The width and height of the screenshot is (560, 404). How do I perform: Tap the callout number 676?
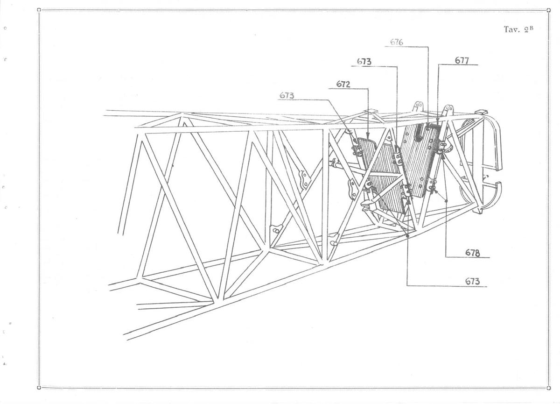click(x=397, y=43)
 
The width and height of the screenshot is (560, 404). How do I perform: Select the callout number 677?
click(x=462, y=61)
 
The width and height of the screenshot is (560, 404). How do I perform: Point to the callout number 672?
click(x=343, y=84)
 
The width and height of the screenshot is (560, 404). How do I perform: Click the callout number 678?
click(x=472, y=253)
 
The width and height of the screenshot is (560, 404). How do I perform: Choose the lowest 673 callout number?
click(x=472, y=282)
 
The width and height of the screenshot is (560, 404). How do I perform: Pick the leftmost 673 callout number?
click(x=287, y=95)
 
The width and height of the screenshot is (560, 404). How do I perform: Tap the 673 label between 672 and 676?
click(x=364, y=62)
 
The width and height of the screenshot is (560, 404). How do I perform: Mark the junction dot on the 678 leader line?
click(x=446, y=201)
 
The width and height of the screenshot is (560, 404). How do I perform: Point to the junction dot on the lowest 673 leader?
click(x=407, y=236)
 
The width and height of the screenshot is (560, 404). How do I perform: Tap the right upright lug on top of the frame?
click(x=448, y=111)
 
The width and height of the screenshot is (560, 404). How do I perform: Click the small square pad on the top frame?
click(x=371, y=112)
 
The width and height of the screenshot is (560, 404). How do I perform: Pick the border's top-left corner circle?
click(x=39, y=10)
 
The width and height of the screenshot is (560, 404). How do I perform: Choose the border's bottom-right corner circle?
click(x=548, y=388)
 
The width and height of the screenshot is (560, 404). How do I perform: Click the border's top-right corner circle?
click(x=548, y=10)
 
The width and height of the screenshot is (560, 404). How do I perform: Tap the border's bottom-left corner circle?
click(x=39, y=388)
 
